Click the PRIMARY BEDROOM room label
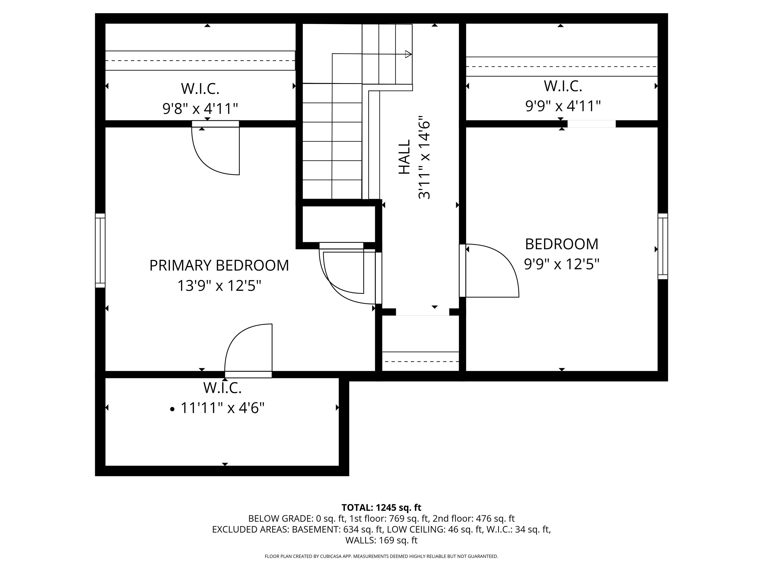click(x=219, y=265)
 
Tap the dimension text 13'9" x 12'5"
click(x=219, y=286)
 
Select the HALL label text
click(x=404, y=157)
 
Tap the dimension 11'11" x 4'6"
click(x=223, y=408)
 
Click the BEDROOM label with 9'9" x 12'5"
click(x=562, y=244)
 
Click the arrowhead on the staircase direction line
click(x=408, y=54)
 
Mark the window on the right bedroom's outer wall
click(x=663, y=246)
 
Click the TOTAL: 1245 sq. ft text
click(x=381, y=507)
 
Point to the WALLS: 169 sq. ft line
click(x=381, y=540)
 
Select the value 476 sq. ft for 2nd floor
click(x=495, y=519)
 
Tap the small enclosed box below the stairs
click(x=339, y=224)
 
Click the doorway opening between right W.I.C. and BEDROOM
click(x=591, y=124)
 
